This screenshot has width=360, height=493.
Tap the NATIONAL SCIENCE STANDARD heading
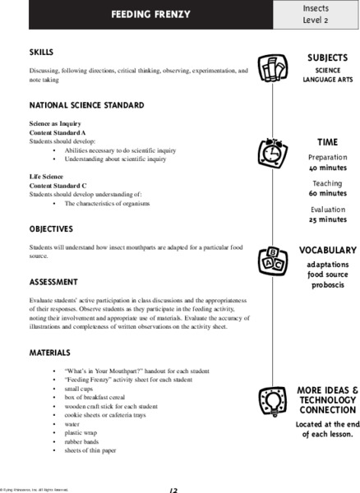(86, 105)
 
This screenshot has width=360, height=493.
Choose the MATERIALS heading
(51, 352)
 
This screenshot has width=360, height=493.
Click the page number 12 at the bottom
(173, 490)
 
